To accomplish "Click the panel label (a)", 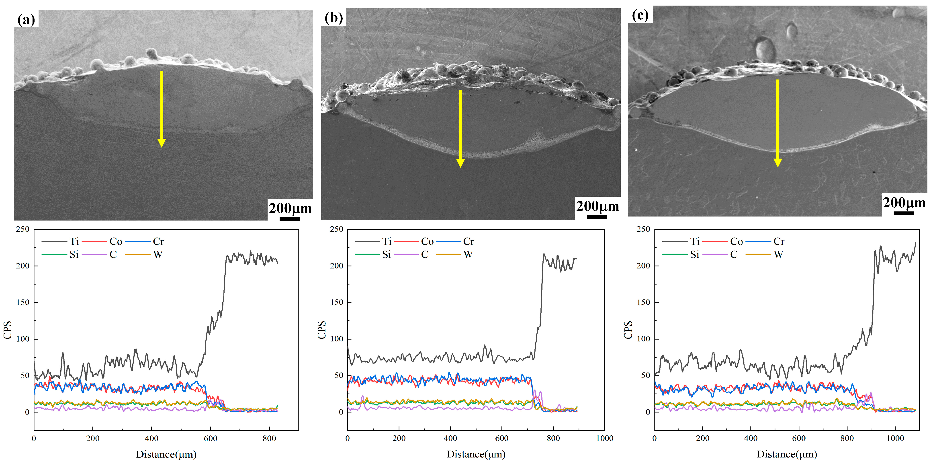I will pyautogui.click(x=26, y=19).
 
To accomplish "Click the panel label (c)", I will pyautogui.click(x=640, y=15).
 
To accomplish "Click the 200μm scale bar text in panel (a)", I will pyautogui.click(x=290, y=208).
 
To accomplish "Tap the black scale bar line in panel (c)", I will pyautogui.click(x=903, y=213).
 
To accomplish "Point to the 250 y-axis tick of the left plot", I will pyautogui.click(x=23, y=229).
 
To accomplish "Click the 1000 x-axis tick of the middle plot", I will pyautogui.click(x=604, y=438).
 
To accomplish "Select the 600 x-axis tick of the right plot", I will pyautogui.click(x=799, y=438).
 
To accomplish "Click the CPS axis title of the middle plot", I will pyautogui.click(x=321, y=330).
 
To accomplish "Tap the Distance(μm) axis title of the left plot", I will pyautogui.click(x=166, y=454).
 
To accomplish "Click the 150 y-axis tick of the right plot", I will pyautogui.click(x=643, y=302).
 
